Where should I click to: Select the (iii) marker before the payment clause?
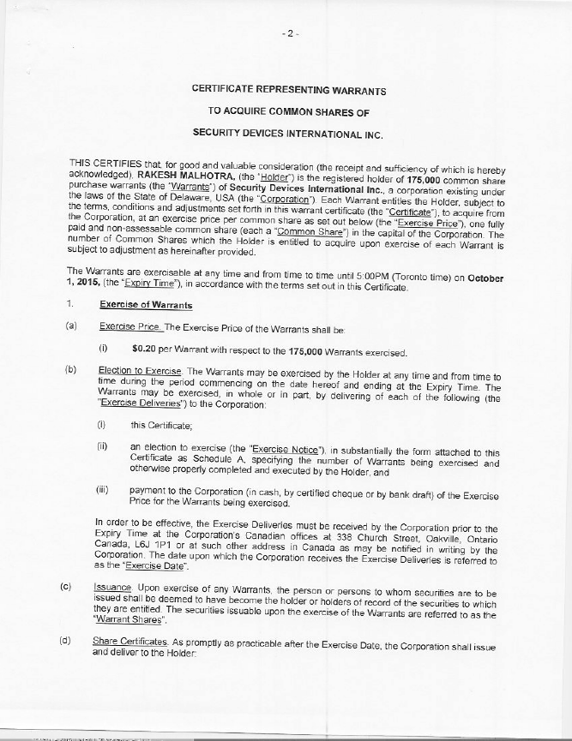102,493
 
